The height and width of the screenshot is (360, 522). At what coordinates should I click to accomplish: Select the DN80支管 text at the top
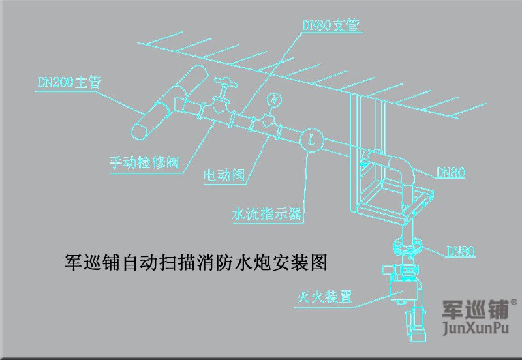tap(332, 25)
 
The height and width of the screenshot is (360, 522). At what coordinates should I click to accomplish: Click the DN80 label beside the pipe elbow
tap(450, 173)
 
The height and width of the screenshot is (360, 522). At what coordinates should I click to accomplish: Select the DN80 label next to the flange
tap(460, 250)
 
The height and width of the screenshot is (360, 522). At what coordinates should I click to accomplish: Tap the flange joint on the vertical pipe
tap(410, 247)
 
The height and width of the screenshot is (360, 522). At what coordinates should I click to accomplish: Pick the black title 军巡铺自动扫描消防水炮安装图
tap(196, 262)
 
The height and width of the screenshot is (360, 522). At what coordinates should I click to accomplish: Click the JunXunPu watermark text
tap(474, 326)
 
